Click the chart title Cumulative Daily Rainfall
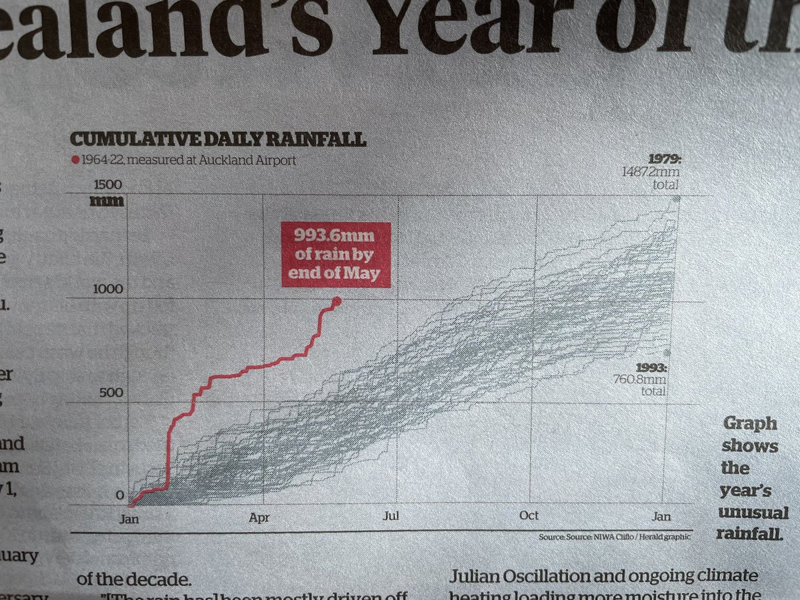(x=217, y=140)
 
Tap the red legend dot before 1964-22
(x=75, y=160)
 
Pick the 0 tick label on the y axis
(x=120, y=495)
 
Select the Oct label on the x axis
(x=529, y=516)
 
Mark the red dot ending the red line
(x=336, y=301)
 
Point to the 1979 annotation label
(x=665, y=159)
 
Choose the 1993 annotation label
(x=652, y=368)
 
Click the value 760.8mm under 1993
(x=640, y=380)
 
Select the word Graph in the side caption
(x=749, y=424)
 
